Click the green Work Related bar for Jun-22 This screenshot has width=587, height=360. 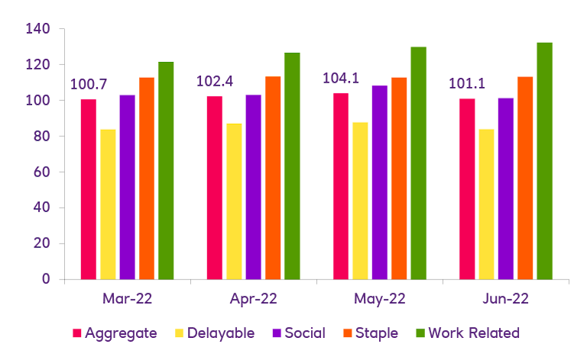pos(544,161)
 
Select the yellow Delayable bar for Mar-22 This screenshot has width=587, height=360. pos(108,204)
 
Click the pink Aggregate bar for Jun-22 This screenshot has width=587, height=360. pos(467,189)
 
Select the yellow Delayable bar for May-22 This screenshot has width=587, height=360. pos(360,200)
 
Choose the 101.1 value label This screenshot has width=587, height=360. pos(465,83)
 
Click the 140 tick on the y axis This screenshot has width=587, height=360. pos(37,29)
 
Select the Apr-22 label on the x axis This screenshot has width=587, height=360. pos(253,299)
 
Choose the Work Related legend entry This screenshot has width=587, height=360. pos(474,333)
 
